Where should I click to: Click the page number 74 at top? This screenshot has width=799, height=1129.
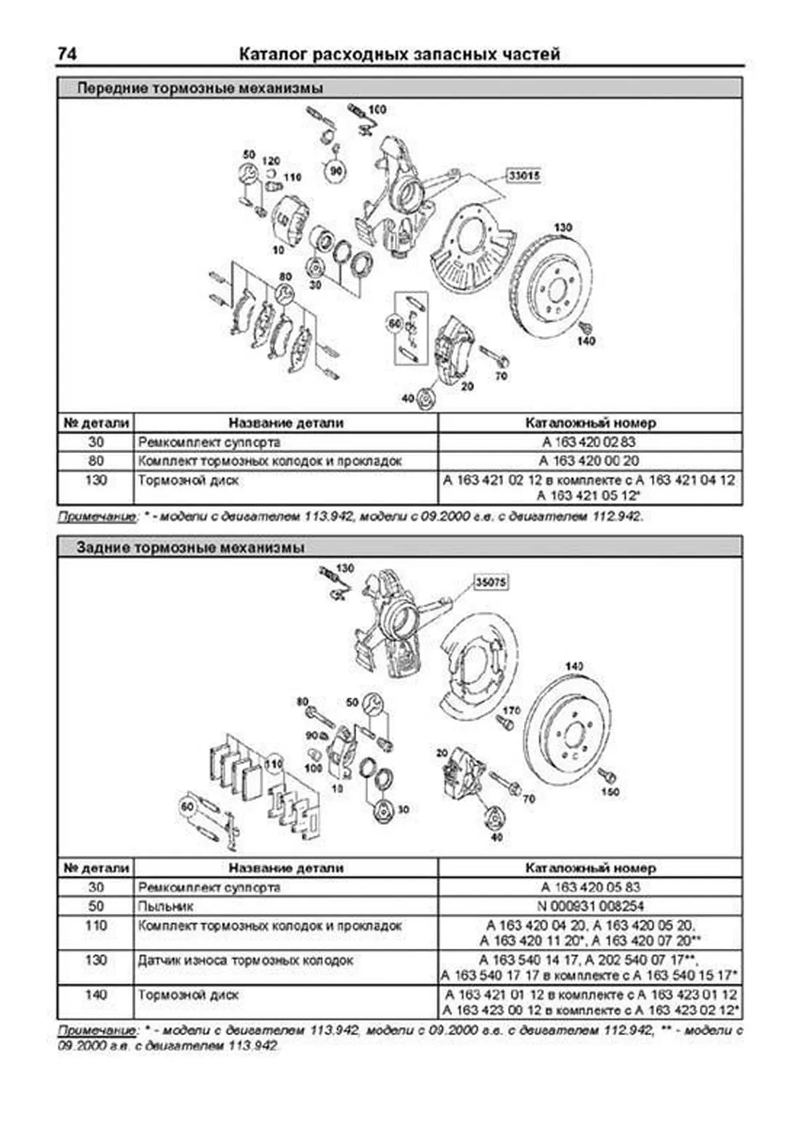67,54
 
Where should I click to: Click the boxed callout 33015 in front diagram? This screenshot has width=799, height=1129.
523,176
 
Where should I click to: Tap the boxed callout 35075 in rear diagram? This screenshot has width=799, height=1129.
491,582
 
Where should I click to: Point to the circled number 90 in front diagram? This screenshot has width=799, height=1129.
337,172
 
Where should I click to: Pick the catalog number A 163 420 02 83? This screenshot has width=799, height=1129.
589,442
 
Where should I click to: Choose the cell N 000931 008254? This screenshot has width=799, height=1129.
590,906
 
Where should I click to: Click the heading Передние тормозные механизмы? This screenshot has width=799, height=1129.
200,88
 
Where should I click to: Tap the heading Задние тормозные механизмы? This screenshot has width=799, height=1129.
190,548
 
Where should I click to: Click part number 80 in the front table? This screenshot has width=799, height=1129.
96,460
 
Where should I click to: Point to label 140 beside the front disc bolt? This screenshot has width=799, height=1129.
586,341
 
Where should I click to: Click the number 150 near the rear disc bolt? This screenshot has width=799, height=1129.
610,792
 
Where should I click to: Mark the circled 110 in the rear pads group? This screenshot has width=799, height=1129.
274,764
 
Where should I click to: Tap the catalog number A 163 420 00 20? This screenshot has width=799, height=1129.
589,460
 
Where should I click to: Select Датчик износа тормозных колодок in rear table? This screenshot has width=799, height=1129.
245,961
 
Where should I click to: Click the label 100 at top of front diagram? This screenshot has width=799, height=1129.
377,109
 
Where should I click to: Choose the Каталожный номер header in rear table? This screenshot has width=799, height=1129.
590,868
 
